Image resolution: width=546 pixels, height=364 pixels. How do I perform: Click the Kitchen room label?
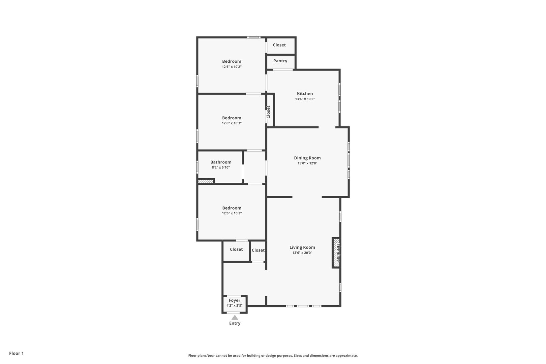coord(305,93)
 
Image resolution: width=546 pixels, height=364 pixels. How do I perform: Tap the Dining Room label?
coord(307,158)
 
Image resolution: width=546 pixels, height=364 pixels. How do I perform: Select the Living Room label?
coord(302,247)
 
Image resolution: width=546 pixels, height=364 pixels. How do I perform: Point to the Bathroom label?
coord(221,162)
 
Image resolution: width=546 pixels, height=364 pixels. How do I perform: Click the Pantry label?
coord(280,61)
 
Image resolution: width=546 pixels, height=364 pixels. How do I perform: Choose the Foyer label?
coord(234,300)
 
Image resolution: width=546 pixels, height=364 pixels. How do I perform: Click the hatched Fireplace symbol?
coord(336,253)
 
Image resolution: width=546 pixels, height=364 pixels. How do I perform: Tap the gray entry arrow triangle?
coord(235,317)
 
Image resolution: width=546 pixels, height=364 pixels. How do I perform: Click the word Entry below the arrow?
coord(235,323)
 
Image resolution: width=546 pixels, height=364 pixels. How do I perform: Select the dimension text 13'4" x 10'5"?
coord(305,99)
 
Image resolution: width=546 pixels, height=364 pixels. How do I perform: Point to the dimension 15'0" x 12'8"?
coord(307,163)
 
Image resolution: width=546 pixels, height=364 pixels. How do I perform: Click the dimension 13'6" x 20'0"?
coord(302,253)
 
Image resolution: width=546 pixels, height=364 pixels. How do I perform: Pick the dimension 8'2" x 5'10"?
coord(221,168)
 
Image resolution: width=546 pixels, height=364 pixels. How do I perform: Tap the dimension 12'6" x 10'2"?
coord(232,67)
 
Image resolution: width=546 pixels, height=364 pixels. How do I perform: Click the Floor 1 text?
coord(16,353)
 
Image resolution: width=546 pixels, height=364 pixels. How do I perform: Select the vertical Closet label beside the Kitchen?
coord(268,112)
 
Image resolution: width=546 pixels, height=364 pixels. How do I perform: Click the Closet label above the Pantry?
coord(279,45)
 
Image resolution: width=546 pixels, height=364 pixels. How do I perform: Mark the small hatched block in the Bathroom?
coord(206,181)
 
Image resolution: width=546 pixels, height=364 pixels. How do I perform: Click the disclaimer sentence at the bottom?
coord(273,356)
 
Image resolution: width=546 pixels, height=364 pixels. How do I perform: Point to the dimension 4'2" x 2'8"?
coord(234,306)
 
